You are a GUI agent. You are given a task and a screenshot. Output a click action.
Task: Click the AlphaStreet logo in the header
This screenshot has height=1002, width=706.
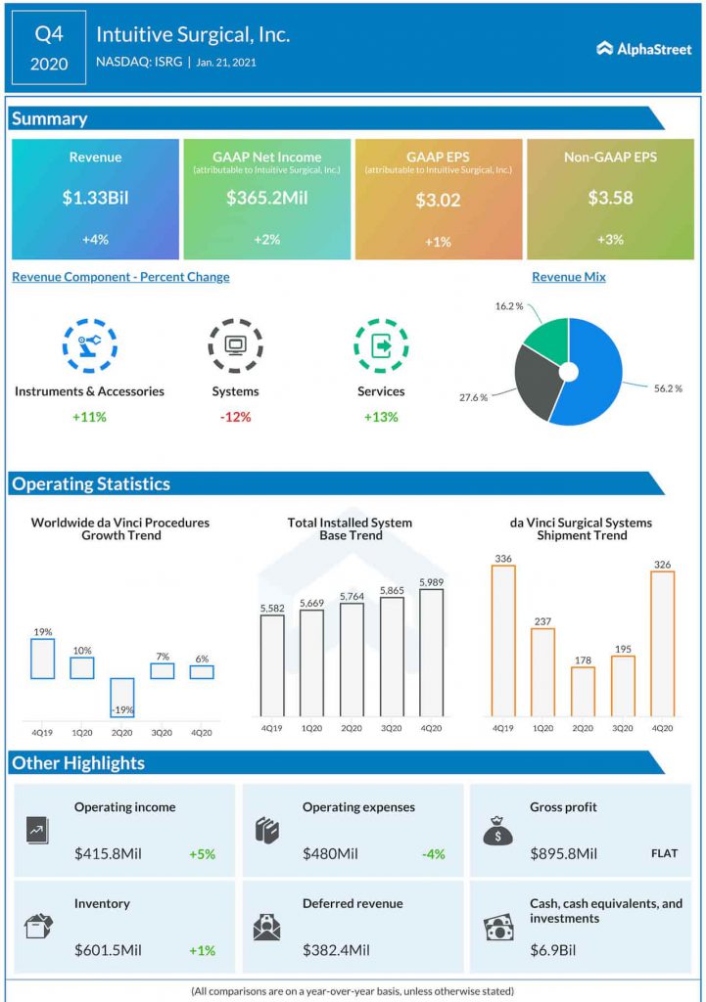coord(643,48)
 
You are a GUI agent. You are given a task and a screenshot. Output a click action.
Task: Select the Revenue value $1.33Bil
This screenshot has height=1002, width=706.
coord(95,198)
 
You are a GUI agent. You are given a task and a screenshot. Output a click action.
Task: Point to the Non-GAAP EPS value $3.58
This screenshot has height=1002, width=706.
coord(610,198)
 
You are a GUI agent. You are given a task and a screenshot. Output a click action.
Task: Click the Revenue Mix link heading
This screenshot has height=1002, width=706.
coord(568,277)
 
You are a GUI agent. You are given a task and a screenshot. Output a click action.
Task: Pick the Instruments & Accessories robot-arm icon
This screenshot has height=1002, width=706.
coord(89,345)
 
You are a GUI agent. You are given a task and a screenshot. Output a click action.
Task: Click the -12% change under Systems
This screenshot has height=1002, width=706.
coord(235,417)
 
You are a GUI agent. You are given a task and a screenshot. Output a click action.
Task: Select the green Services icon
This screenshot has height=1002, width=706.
coord(381,345)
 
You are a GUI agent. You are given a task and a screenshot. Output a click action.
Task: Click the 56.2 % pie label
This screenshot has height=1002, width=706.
coord(667,388)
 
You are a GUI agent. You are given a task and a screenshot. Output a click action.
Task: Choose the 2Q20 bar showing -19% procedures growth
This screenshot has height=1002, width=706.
coord(122,698)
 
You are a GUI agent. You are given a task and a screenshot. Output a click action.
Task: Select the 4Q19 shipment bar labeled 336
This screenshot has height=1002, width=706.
coord(503,641)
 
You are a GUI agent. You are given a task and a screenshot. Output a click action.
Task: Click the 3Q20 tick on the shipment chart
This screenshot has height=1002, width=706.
coord(623,728)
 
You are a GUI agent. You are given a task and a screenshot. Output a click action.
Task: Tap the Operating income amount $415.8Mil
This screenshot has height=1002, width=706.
coord(108,854)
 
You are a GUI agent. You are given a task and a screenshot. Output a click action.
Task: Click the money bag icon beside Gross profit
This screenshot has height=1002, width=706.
coord(497,831)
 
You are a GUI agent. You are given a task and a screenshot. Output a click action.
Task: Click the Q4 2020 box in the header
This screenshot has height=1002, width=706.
coord(49,48)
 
